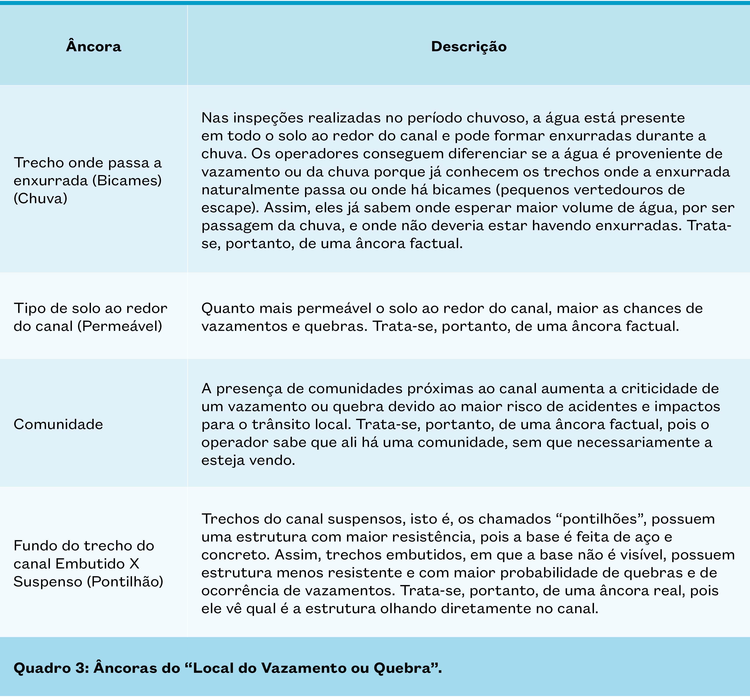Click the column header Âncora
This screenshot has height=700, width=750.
(94, 46)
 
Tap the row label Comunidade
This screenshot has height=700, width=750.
(59, 424)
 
